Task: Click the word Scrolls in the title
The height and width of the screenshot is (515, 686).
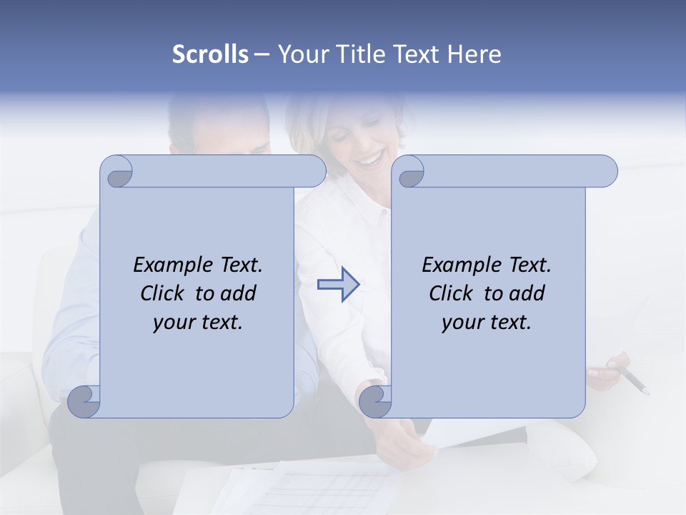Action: (x=210, y=54)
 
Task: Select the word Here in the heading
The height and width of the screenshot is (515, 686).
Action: (x=475, y=54)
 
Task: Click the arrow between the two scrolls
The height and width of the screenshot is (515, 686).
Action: (x=337, y=285)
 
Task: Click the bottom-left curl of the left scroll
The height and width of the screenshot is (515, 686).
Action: (x=84, y=402)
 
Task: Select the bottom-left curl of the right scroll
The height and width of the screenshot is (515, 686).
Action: (x=376, y=402)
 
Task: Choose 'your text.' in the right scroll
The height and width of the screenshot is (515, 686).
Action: (x=487, y=322)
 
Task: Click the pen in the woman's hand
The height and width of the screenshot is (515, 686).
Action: (x=632, y=381)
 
